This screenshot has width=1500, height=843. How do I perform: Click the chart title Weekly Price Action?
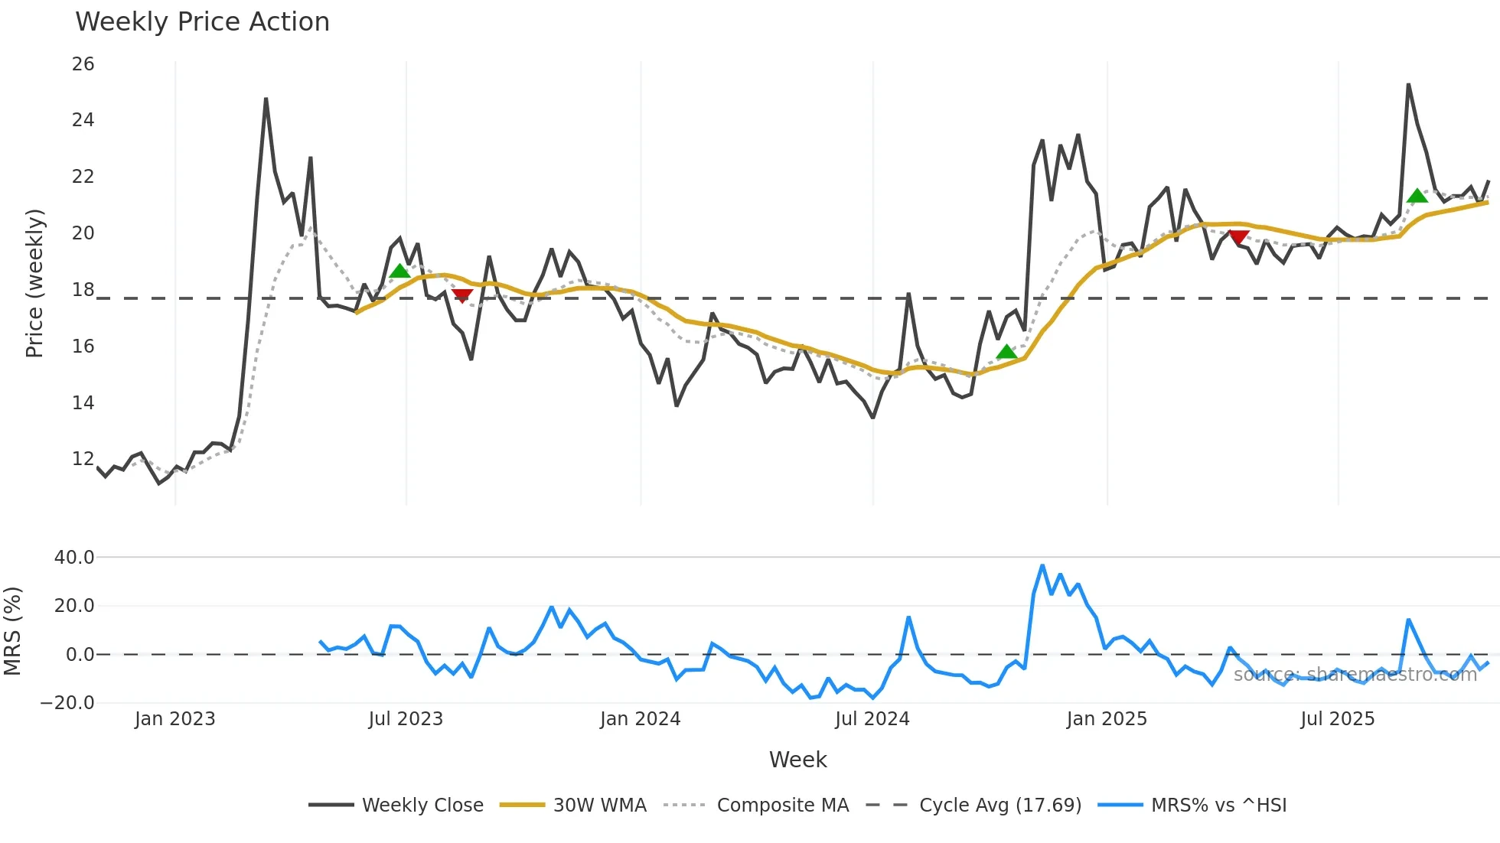tap(202, 22)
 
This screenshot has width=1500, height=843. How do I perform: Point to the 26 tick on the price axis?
tap(83, 64)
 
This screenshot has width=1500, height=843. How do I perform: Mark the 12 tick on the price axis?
tap(83, 459)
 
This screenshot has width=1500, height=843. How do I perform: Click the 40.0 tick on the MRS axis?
tap(74, 558)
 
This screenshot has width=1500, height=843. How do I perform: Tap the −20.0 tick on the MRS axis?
tap(68, 703)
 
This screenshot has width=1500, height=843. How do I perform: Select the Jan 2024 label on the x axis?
tap(640, 719)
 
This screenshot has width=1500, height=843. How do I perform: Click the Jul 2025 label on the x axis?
tap(1337, 719)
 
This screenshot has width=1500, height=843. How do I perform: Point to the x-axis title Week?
tap(797, 760)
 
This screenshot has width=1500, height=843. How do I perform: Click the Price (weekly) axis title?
tap(35, 283)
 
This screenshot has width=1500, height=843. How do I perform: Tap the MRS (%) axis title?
tap(13, 631)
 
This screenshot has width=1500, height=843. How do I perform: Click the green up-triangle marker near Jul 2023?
tap(399, 271)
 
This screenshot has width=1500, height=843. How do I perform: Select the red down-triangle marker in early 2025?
tap(1238, 238)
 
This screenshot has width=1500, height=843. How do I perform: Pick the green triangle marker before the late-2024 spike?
tap(1007, 352)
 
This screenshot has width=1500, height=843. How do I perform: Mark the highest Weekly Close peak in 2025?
tap(1408, 85)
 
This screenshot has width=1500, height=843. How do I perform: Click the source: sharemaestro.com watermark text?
tap(1355, 675)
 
